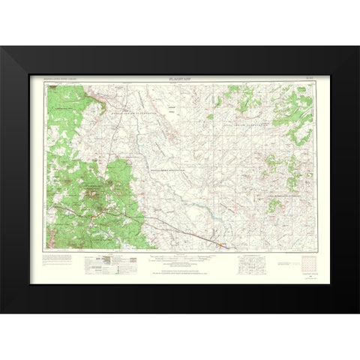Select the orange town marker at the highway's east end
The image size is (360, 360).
point(222,244)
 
